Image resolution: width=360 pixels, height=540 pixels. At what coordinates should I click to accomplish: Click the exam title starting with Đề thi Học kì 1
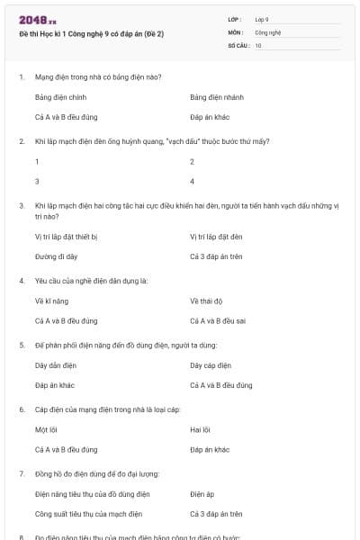pyautogui.click(x=91, y=34)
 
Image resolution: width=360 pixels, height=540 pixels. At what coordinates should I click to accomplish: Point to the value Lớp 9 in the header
pyautogui.click(x=262, y=18)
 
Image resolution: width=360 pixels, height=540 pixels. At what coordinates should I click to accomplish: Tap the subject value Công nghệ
pyautogui.click(x=267, y=31)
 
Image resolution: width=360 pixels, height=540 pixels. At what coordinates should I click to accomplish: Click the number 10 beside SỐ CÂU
pyautogui.click(x=258, y=44)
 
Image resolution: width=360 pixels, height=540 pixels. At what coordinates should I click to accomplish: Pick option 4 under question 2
pyautogui.click(x=193, y=181)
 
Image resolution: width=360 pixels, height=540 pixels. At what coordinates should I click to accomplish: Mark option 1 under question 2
pyautogui.click(x=37, y=161)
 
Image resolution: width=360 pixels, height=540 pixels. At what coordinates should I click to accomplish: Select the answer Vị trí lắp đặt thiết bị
pyautogui.click(x=66, y=236)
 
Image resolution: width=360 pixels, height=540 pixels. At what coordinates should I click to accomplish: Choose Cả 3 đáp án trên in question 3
pyautogui.click(x=217, y=256)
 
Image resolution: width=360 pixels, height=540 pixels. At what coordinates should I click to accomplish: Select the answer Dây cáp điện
pyautogui.click(x=211, y=365)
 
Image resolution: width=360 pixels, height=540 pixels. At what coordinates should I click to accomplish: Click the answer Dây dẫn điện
pyautogui.click(x=54, y=365)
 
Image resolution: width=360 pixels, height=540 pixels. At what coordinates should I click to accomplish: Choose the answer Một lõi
pyautogui.click(x=47, y=429)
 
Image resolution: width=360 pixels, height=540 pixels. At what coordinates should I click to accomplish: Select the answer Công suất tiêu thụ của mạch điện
pyautogui.click(x=88, y=514)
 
